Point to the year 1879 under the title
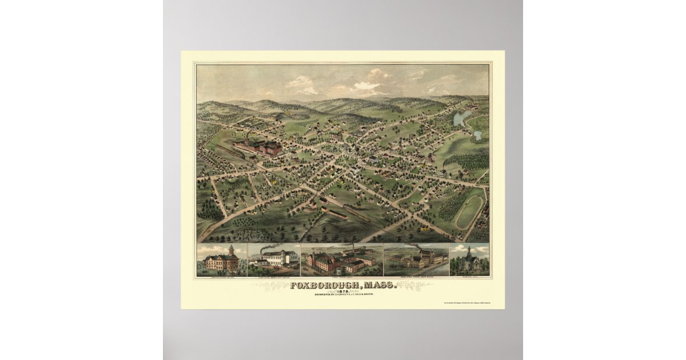pyautogui.click(x=342, y=291)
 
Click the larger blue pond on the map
pyautogui.click(x=461, y=119)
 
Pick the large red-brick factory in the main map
pyautogui.click(x=264, y=148)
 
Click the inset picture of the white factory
pyautogui.click(x=274, y=259)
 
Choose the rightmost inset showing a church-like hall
pyautogui.click(x=469, y=260)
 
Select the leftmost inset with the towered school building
pyautogui.click(x=222, y=260)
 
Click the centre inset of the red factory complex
pyautogui.click(x=342, y=260)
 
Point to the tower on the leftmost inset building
pyautogui.click(x=230, y=250)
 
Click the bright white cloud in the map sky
pyautogui.click(x=366, y=86)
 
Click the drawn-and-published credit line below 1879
pyautogui.click(x=342, y=295)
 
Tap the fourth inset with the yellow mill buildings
pyautogui.click(x=416, y=260)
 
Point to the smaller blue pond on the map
pyautogui.click(x=477, y=135)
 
